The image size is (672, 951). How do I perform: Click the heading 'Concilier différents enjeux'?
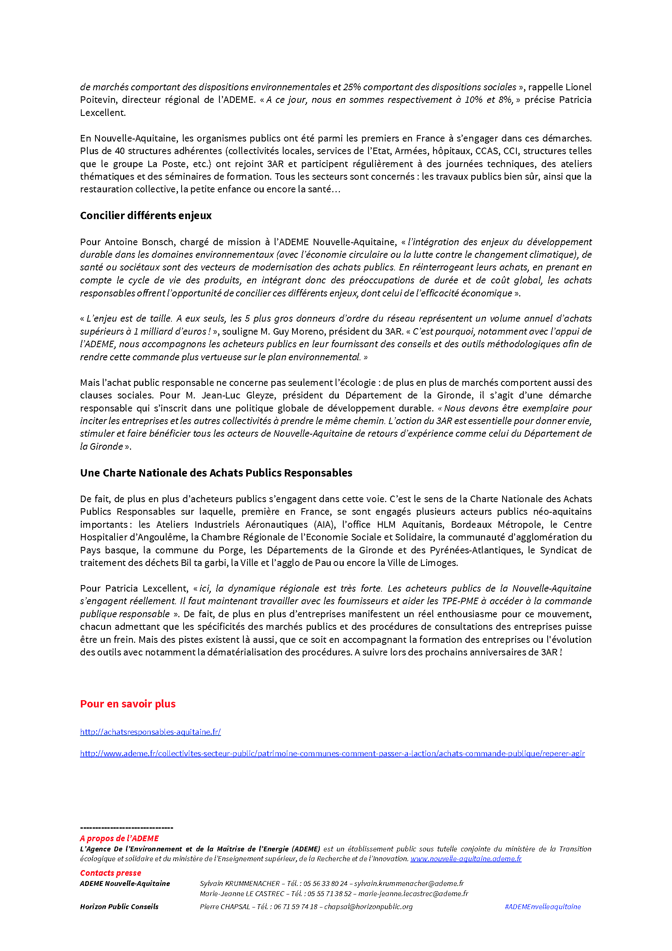[146, 215]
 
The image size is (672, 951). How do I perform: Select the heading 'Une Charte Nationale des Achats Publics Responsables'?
[216, 472]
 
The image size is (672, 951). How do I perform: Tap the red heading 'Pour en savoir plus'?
[128, 704]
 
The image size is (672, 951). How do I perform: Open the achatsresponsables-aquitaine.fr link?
[150, 732]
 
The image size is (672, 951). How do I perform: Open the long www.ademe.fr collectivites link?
[332, 753]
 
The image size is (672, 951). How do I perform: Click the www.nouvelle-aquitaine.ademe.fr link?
[466, 859]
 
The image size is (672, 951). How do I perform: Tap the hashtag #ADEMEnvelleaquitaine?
[542, 907]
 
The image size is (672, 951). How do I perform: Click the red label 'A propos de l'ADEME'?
[119, 838]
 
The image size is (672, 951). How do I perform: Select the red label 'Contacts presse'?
[111, 873]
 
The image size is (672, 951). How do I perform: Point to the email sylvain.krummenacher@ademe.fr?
[409, 884]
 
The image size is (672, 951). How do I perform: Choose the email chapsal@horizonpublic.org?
[368, 907]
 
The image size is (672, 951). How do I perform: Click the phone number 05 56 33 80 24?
[325, 884]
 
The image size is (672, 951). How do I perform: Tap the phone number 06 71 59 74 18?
[295, 907]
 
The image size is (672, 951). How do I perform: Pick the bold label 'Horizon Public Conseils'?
[119, 907]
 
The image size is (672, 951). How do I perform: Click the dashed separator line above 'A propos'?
[127, 828]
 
